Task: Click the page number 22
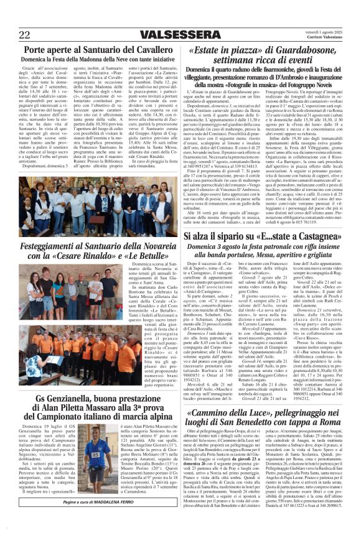point(26,34)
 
